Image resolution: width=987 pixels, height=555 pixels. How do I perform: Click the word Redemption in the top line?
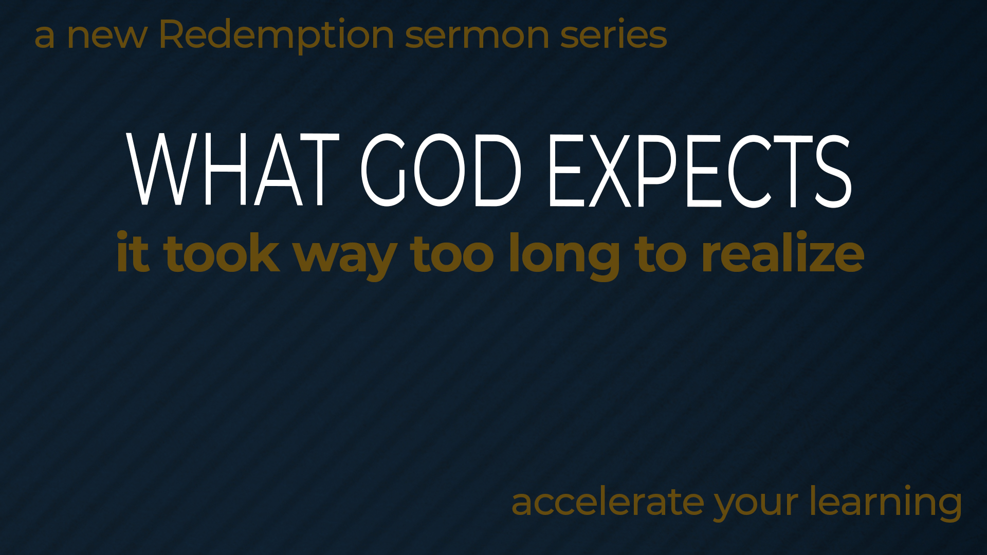(x=277, y=35)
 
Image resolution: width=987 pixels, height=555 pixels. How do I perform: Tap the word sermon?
(x=477, y=36)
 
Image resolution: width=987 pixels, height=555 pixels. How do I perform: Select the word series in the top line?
(x=614, y=34)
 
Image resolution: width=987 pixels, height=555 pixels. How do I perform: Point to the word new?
(x=107, y=36)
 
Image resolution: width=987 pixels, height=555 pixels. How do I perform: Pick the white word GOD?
(x=441, y=170)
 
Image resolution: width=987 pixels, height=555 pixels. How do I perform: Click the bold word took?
(x=222, y=252)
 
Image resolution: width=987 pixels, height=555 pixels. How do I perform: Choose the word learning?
(x=886, y=502)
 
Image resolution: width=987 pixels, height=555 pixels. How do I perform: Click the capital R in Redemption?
(x=173, y=34)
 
